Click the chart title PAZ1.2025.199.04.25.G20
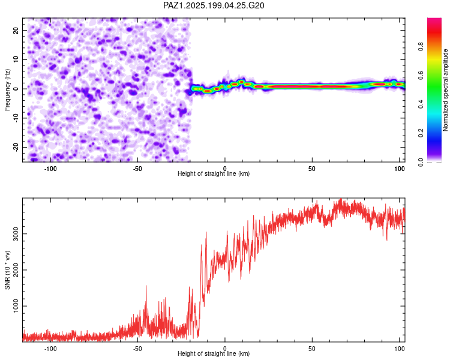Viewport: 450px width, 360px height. [214, 5]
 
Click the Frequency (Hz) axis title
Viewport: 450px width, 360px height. [7, 90]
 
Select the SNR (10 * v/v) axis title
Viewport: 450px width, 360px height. [7, 270]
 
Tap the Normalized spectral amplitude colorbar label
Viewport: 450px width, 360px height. [445, 90]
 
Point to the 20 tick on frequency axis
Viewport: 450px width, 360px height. [16, 31]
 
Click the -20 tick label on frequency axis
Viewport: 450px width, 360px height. [16, 147]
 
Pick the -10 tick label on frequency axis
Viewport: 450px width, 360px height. [16, 118]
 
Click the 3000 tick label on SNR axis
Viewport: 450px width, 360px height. [16, 233]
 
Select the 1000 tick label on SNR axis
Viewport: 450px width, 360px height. [16, 306]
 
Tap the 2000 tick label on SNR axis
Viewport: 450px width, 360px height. [16, 270]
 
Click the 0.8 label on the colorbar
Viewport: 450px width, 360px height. [421, 46]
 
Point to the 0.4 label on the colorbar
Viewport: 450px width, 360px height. [421, 104]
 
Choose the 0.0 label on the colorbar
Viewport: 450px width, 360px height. [421, 162]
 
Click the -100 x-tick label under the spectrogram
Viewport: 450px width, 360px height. [50, 169]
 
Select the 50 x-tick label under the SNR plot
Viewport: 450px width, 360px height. [312, 349]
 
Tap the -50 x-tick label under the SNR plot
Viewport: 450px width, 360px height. [137, 349]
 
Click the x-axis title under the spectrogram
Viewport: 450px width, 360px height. [214, 173]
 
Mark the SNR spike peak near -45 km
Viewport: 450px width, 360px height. [146, 286]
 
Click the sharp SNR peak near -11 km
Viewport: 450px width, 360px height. [206, 232]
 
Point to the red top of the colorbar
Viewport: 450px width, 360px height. [434, 20]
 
